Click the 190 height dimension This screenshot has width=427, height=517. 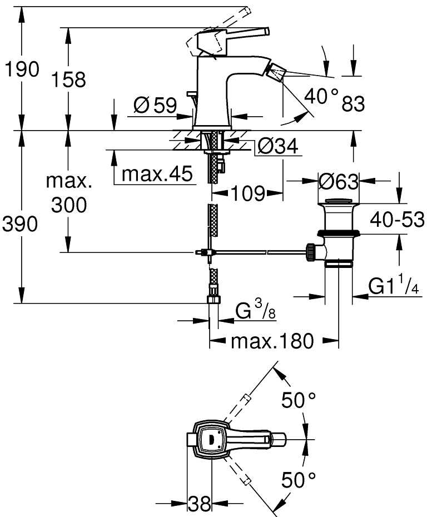22,70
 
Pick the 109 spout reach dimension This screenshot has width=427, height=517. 247,193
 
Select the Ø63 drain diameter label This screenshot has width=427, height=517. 339,180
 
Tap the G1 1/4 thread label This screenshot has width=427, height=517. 394,287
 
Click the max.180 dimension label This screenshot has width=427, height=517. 272,340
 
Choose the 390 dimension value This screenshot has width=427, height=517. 22,224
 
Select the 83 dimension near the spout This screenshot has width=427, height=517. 353,103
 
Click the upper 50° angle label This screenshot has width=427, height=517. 299,399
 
